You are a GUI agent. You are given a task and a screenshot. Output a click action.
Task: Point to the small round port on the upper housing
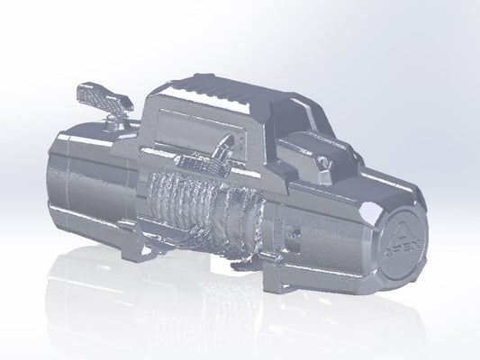click(322, 163)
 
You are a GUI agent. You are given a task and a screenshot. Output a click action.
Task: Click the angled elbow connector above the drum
click(225, 147)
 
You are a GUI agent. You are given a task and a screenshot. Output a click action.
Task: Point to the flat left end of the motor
click(53, 180)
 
